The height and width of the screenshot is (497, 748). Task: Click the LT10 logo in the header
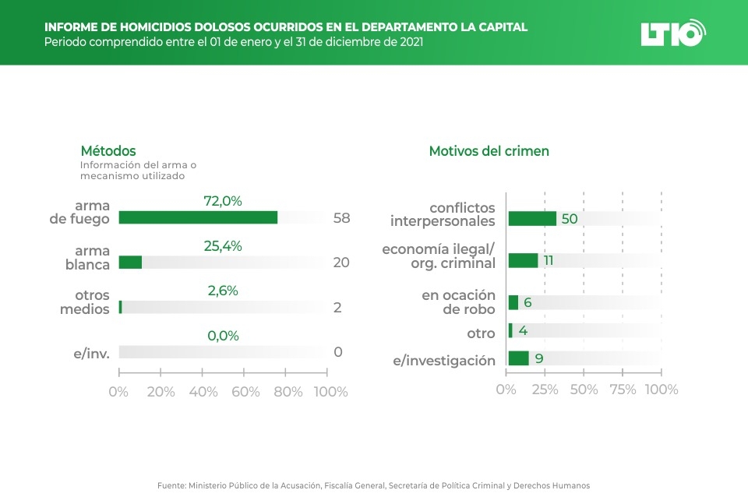pyautogui.click(x=672, y=33)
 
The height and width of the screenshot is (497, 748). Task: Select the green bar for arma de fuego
pyautogui.click(x=198, y=217)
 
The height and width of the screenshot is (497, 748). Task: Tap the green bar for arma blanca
pyautogui.click(x=130, y=263)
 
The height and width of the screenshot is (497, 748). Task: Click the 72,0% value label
pyautogui.click(x=223, y=201)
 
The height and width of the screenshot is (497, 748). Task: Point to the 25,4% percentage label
pyautogui.click(x=223, y=246)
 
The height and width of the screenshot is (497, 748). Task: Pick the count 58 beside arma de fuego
pyautogui.click(x=341, y=218)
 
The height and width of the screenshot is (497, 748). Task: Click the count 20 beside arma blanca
pyautogui.click(x=341, y=263)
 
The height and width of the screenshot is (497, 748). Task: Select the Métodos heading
pyautogui.click(x=108, y=151)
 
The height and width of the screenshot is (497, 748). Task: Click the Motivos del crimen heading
pyautogui.click(x=489, y=151)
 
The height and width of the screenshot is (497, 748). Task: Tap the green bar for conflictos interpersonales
pyautogui.click(x=532, y=218)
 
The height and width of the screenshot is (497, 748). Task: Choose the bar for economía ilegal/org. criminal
pyautogui.click(x=523, y=260)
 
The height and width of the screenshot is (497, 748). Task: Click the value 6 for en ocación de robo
pyautogui.click(x=527, y=302)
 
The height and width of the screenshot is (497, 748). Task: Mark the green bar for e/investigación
pyautogui.click(x=518, y=358)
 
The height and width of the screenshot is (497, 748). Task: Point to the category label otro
pyautogui.click(x=481, y=333)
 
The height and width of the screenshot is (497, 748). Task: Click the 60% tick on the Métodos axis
pyautogui.click(x=245, y=392)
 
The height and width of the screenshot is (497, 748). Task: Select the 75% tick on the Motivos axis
pyautogui.click(x=623, y=389)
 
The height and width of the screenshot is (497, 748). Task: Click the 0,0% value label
pyautogui.click(x=223, y=336)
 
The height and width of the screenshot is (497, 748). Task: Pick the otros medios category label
pyautogui.click(x=85, y=302)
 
